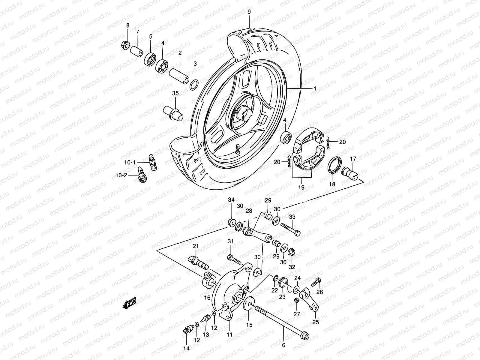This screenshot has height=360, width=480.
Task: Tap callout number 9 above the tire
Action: click(x=249, y=12)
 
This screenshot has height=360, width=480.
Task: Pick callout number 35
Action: click(x=175, y=93)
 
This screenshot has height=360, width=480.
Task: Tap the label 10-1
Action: click(x=130, y=162)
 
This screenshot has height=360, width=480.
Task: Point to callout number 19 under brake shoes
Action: click(x=301, y=187)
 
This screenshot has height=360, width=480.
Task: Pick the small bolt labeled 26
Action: click(x=316, y=282)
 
